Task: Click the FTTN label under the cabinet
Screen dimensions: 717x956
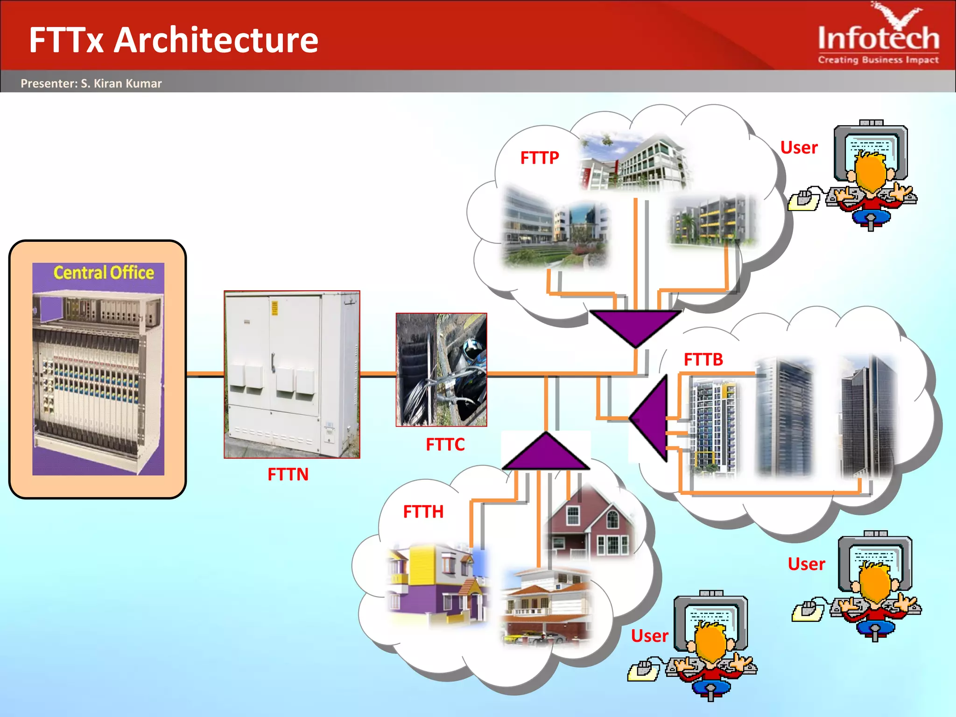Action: click(x=288, y=474)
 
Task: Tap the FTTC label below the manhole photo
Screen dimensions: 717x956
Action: click(x=445, y=444)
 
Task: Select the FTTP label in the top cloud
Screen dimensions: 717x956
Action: click(x=539, y=158)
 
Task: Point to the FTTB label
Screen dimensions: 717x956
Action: click(x=703, y=359)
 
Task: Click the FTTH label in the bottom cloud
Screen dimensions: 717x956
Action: click(x=423, y=512)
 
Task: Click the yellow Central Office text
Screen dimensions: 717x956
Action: click(x=104, y=273)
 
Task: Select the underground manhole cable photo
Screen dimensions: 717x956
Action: click(x=441, y=370)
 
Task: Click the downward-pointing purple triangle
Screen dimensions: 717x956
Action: click(x=635, y=326)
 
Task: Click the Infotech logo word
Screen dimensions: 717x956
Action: click(x=879, y=38)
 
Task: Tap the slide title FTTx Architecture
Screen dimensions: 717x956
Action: click(x=174, y=40)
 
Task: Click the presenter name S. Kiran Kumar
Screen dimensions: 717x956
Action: click(x=121, y=84)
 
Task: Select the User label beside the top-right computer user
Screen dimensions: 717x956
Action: click(x=799, y=148)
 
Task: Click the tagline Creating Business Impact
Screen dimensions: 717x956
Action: click(x=878, y=60)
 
